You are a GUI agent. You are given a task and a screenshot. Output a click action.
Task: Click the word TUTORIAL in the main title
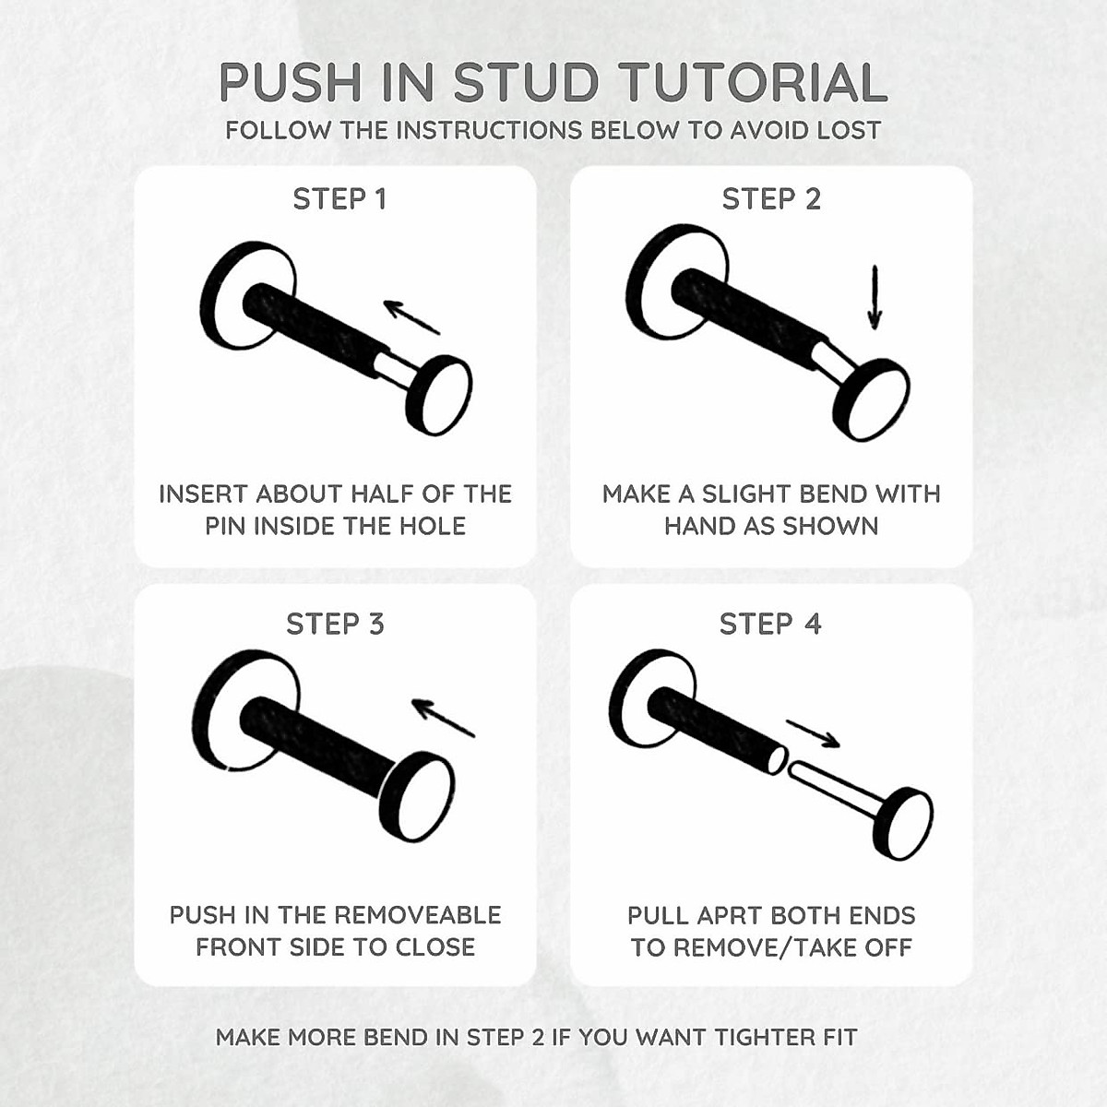tap(754, 83)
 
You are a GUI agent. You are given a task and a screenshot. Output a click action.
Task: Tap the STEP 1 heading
tap(339, 199)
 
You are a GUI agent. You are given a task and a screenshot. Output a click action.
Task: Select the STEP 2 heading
tap(771, 199)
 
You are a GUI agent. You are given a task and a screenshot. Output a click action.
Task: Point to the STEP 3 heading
tap(335, 625)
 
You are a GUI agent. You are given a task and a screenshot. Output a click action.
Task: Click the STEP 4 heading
tap(770, 625)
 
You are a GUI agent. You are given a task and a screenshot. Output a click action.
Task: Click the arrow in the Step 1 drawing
tap(411, 316)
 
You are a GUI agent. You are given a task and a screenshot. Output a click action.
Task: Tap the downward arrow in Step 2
tap(875, 297)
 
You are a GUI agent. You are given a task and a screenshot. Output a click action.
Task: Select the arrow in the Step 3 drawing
tap(443, 717)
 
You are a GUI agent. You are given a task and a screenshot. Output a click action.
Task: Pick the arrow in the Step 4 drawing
tap(813, 733)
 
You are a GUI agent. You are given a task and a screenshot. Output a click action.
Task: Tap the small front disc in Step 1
tap(440, 395)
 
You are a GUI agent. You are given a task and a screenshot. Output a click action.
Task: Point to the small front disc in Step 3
tap(418, 797)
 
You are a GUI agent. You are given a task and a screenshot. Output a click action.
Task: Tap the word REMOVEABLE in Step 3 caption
tap(416, 915)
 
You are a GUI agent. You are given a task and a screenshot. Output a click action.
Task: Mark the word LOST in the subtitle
tap(849, 131)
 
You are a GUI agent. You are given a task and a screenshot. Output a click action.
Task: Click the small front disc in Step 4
tap(904, 825)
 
